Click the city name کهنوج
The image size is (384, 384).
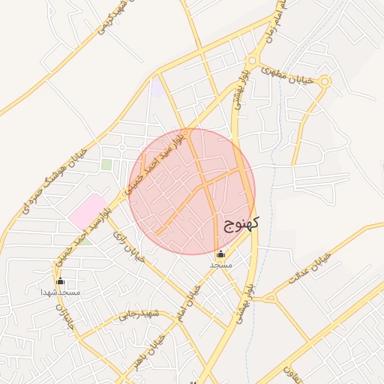coord(241,223)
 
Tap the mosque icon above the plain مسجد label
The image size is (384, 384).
coord(220,254)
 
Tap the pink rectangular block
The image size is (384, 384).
coord(87,211)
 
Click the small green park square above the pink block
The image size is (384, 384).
coord(106,163)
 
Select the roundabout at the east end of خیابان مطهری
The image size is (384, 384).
coord(324,82)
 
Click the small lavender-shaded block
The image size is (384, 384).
coord(157,88)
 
